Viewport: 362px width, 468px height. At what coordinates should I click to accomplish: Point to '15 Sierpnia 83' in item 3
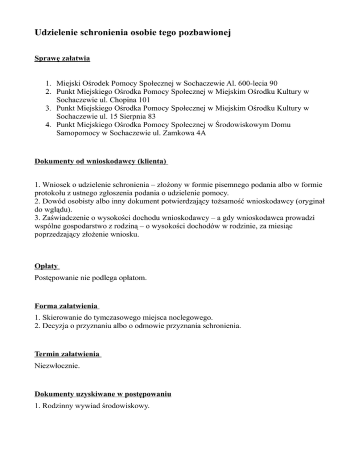click(143, 117)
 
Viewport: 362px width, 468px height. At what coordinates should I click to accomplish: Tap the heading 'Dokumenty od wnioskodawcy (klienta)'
click(101, 161)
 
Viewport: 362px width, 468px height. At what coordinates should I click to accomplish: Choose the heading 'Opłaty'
click(46, 266)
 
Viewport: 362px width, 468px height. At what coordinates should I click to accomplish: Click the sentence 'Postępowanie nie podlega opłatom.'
click(90, 278)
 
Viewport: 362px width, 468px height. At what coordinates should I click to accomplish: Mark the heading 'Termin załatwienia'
click(68, 354)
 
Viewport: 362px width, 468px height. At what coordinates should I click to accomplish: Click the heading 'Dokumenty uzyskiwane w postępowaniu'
click(103, 394)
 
